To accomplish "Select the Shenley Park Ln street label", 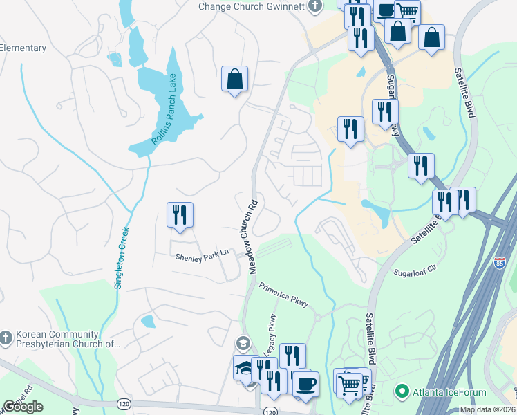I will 202,255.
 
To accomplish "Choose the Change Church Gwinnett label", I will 252,6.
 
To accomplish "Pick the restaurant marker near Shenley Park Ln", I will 180,214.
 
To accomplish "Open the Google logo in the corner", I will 23,407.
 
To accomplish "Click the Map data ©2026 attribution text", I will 487,409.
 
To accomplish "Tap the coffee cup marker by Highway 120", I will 305,384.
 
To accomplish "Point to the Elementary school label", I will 23,48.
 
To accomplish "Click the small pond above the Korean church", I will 147,321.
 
